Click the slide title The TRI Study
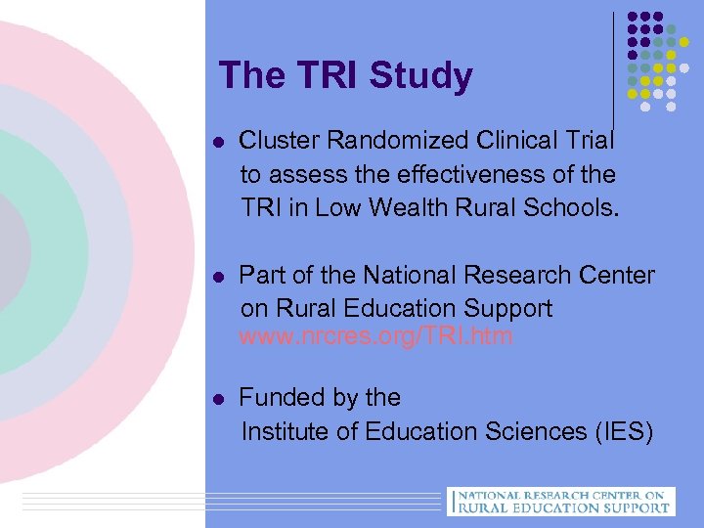click(345, 75)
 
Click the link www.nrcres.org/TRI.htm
click(376, 338)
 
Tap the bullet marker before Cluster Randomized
click(219, 142)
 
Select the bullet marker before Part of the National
click(219, 277)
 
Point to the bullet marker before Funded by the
click(219, 399)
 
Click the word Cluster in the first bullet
click(280, 141)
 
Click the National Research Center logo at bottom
click(558, 501)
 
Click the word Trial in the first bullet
click(587, 141)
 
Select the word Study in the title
click(423, 75)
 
